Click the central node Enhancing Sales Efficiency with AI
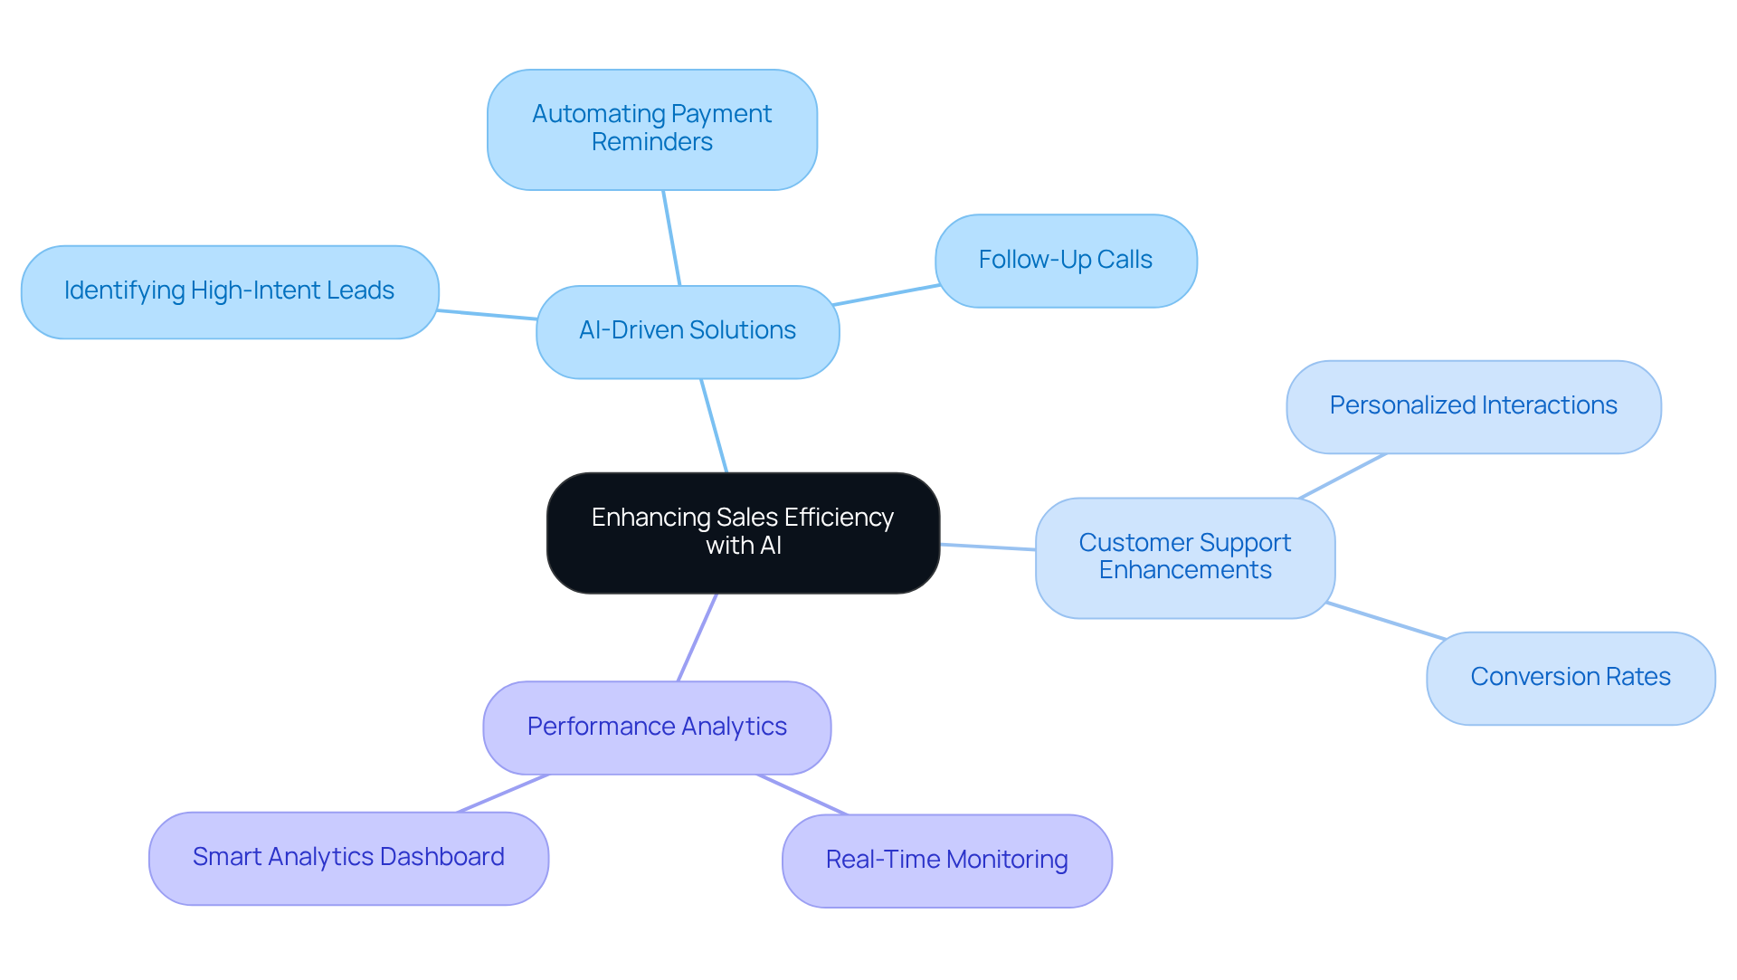744,533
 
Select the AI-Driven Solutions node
688,332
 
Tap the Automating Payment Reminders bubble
652,129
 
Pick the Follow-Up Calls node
1066,261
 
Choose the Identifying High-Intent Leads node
230,292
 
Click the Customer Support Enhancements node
1185,557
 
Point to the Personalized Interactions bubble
1474,407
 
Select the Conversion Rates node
1571,678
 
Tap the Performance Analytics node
657,728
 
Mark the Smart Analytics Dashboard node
348,858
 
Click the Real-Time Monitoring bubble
947,861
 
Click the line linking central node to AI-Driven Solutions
714,425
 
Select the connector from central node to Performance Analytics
698,637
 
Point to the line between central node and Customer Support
988,547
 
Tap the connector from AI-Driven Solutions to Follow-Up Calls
887,295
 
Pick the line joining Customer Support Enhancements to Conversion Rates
1386,621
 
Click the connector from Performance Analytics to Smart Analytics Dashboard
503,794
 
